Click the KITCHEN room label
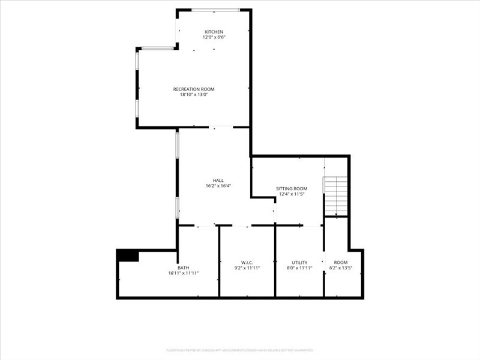pos(214,32)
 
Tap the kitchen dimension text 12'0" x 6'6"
pos(214,37)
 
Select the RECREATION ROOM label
pos(194,89)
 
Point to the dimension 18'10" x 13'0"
pos(194,94)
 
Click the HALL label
pos(218,180)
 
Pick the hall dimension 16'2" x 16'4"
pos(218,185)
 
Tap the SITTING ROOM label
pos(292,188)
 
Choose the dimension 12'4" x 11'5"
pos(292,194)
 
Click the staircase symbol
pos(336,196)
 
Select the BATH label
pos(183,268)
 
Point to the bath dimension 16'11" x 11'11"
pos(183,273)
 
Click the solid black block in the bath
pos(128,255)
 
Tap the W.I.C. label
pos(247,262)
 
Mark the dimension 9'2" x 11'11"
pos(247,268)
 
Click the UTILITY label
pos(299,262)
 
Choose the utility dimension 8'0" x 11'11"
pos(299,268)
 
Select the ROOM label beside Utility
pos(341,262)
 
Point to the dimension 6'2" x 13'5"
pos(341,268)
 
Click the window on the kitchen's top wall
pos(215,10)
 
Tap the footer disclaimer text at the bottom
pos(239,350)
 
